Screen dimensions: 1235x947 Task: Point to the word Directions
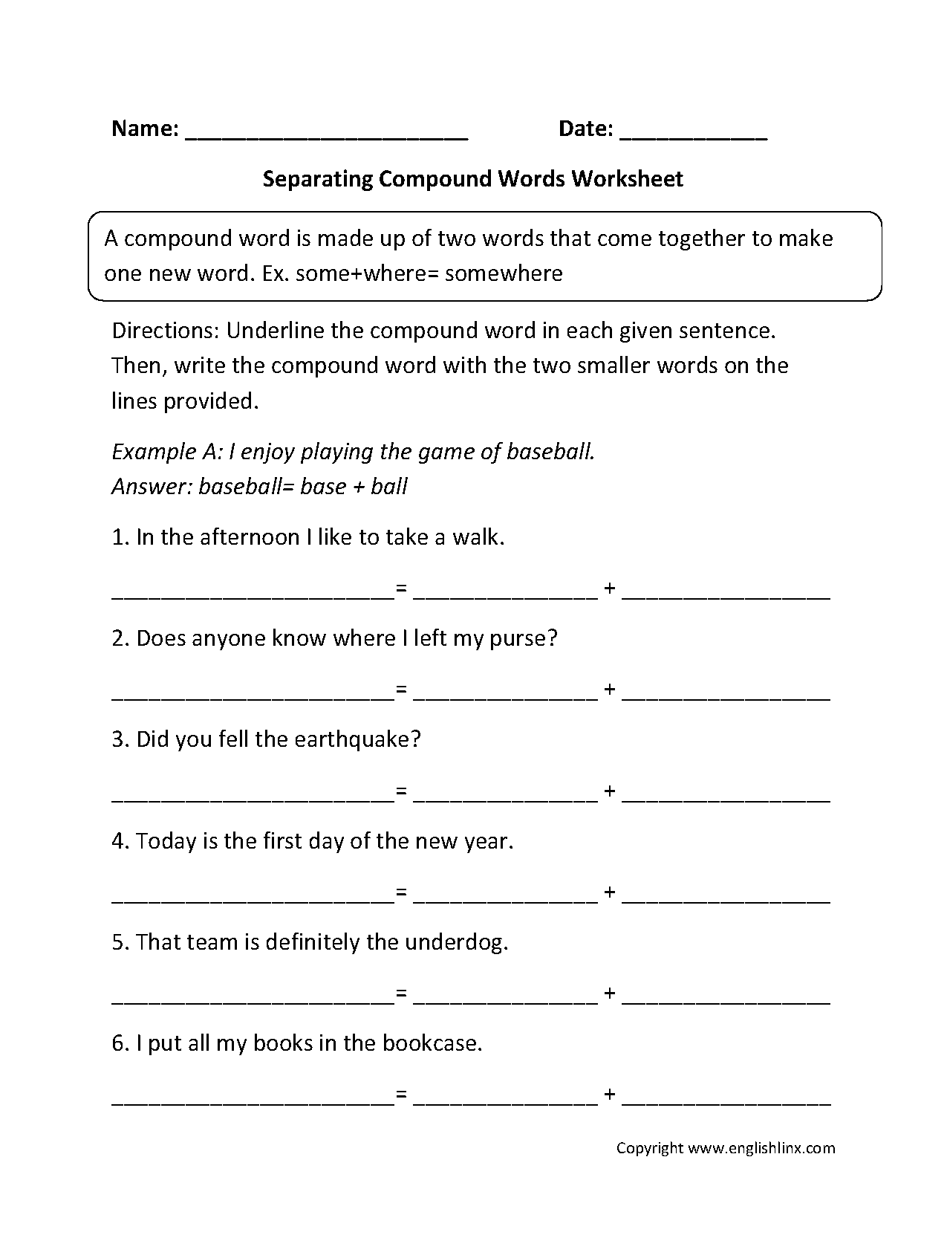[x=165, y=330]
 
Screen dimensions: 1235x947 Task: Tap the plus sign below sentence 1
[x=610, y=589]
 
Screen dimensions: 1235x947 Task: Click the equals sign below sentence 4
[x=402, y=892]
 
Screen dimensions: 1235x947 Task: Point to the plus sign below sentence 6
[x=610, y=1094]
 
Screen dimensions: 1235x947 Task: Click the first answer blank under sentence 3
[x=253, y=800]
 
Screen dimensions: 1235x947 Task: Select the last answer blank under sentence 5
[x=726, y=1002]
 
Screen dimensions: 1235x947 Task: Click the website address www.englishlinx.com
[x=761, y=1148]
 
